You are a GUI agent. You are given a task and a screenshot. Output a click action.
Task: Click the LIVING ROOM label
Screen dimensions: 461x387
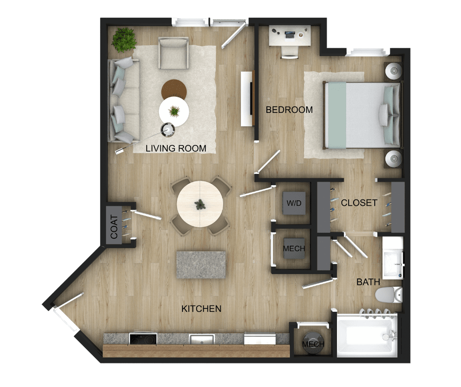[x=176, y=148]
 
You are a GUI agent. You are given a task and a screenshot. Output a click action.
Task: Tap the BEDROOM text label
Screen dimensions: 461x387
[x=289, y=110]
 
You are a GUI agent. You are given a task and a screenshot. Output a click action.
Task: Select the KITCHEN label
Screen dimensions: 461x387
[x=201, y=308]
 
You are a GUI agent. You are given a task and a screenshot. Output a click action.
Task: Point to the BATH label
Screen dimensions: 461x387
[x=368, y=282]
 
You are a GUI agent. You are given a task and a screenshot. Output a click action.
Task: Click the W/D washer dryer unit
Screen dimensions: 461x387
[x=294, y=203]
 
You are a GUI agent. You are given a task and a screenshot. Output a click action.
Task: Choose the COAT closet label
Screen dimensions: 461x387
[x=114, y=226]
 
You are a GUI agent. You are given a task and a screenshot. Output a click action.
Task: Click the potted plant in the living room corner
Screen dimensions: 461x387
[x=124, y=40]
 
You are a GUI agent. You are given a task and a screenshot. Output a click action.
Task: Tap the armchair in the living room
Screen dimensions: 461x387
[x=174, y=53]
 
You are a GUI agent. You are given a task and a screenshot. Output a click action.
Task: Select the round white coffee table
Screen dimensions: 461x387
[x=174, y=111]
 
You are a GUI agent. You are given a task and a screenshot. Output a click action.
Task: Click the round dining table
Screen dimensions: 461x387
[x=200, y=204]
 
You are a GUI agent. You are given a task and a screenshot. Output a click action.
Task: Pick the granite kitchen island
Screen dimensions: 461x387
[x=201, y=265]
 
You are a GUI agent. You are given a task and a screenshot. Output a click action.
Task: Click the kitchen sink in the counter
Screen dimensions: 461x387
[x=202, y=339]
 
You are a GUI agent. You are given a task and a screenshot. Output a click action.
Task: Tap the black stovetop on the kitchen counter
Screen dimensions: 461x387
[x=143, y=339]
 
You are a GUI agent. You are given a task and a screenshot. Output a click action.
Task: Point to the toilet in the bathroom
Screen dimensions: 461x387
[x=389, y=295]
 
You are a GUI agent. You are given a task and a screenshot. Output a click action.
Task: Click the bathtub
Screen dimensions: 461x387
[x=366, y=335]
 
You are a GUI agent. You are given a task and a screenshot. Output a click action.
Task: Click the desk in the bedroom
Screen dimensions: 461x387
[x=290, y=36]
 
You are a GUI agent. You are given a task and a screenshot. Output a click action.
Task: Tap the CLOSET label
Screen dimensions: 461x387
[x=359, y=203]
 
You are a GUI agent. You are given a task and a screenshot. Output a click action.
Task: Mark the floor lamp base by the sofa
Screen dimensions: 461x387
[x=168, y=130]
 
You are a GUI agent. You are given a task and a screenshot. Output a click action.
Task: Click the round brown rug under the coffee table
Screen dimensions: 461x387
[x=174, y=89]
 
